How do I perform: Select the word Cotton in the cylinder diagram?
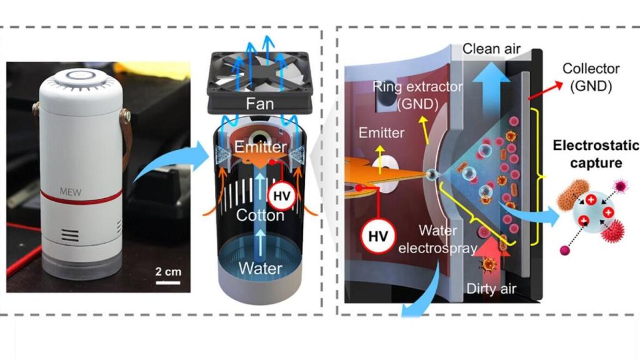[260, 215]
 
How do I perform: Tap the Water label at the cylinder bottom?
[260, 269]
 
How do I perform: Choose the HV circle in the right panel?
[374, 236]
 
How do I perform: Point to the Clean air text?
[491, 47]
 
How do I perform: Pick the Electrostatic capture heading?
[596, 154]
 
